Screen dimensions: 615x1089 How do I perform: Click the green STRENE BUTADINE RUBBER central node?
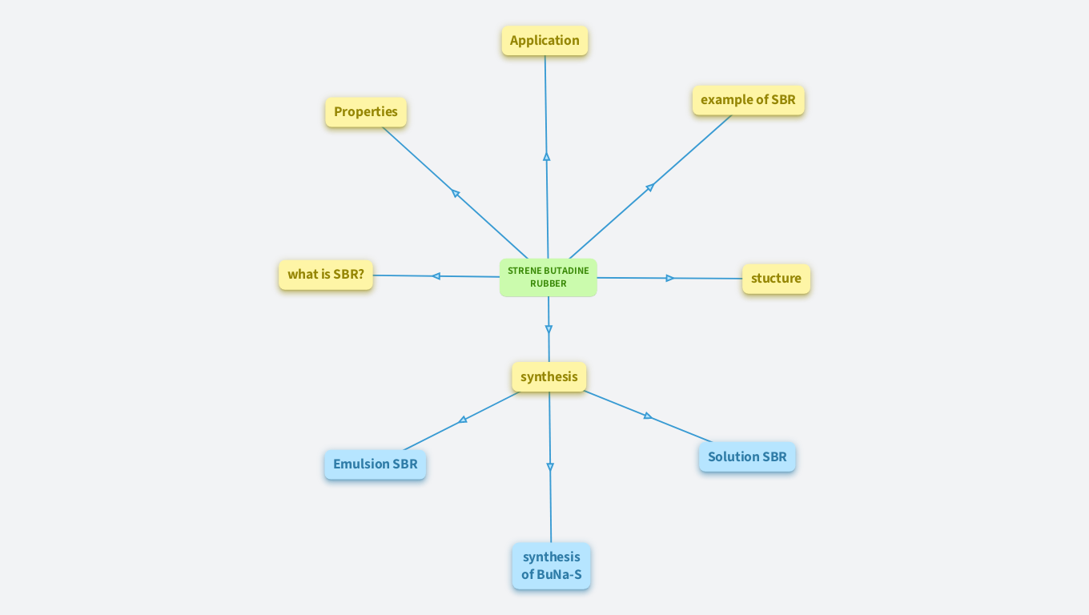548,277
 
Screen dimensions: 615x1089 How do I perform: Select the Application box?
544,41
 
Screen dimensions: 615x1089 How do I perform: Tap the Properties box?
366,112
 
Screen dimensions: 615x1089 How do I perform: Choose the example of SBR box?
748,100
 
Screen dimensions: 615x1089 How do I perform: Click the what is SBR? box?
326,275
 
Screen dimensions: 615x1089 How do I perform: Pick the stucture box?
776,279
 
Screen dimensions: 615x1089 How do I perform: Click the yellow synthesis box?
549,377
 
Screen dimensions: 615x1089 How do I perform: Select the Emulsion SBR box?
376,464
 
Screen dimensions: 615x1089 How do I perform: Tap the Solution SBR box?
747,457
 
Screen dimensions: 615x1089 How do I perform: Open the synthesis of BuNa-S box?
552,566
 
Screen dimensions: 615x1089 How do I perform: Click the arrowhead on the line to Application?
547,157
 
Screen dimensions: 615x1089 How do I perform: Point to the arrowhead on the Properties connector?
456,193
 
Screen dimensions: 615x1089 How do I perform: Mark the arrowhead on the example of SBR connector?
650,187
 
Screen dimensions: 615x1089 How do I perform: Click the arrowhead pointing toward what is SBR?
436,276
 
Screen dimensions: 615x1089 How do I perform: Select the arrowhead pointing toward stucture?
670,278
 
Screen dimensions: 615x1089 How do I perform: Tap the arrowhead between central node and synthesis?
549,329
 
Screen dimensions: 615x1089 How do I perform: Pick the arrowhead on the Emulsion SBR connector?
463,420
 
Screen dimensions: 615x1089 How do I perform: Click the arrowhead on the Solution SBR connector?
648,416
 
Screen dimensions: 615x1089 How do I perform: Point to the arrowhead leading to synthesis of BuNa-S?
550,467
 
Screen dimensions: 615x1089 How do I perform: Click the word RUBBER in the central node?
549,283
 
